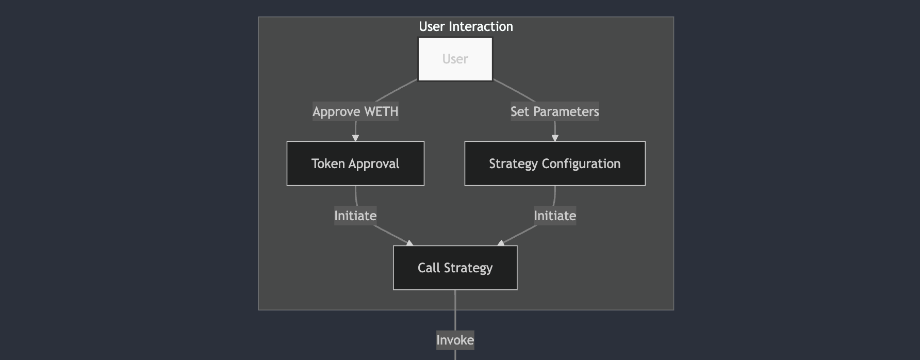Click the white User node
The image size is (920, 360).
(455, 59)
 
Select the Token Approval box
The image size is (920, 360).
(355, 163)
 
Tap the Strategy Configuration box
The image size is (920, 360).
(554, 163)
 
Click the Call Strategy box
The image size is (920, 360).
(455, 268)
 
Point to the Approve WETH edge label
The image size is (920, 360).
(355, 111)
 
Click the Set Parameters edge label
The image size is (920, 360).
(554, 111)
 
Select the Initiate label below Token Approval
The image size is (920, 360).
(355, 216)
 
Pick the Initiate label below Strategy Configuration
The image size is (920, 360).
(554, 216)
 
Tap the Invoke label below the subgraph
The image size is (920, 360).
(455, 340)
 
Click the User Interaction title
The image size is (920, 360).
(466, 26)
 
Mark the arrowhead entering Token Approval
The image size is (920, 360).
(355, 138)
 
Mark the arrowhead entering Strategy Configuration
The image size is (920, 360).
(555, 138)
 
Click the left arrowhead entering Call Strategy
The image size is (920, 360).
(410, 243)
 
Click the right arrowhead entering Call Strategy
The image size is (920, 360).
(500, 243)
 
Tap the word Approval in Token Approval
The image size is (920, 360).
(374, 163)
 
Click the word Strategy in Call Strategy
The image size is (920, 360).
(468, 268)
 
